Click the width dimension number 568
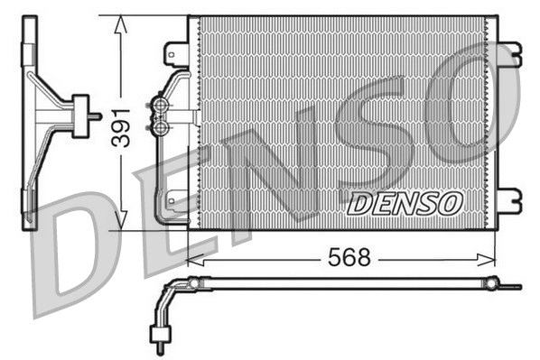pyautogui.click(x=350, y=257)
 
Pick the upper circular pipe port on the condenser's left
pyautogui.click(x=161, y=106)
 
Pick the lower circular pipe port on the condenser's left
pyautogui.click(x=161, y=128)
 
